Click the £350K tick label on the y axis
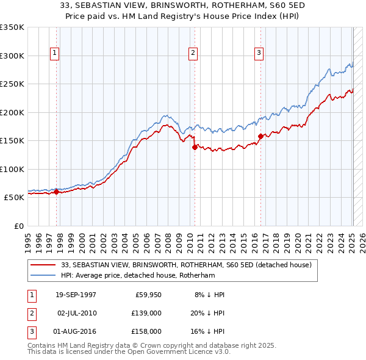[12, 27]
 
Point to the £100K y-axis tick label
[12, 169]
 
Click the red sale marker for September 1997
[57, 192]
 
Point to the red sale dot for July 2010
[195, 147]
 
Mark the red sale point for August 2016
[260, 136]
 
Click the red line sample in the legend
[44, 265]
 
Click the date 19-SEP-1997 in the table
[76, 295]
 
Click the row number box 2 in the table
[30, 313]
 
